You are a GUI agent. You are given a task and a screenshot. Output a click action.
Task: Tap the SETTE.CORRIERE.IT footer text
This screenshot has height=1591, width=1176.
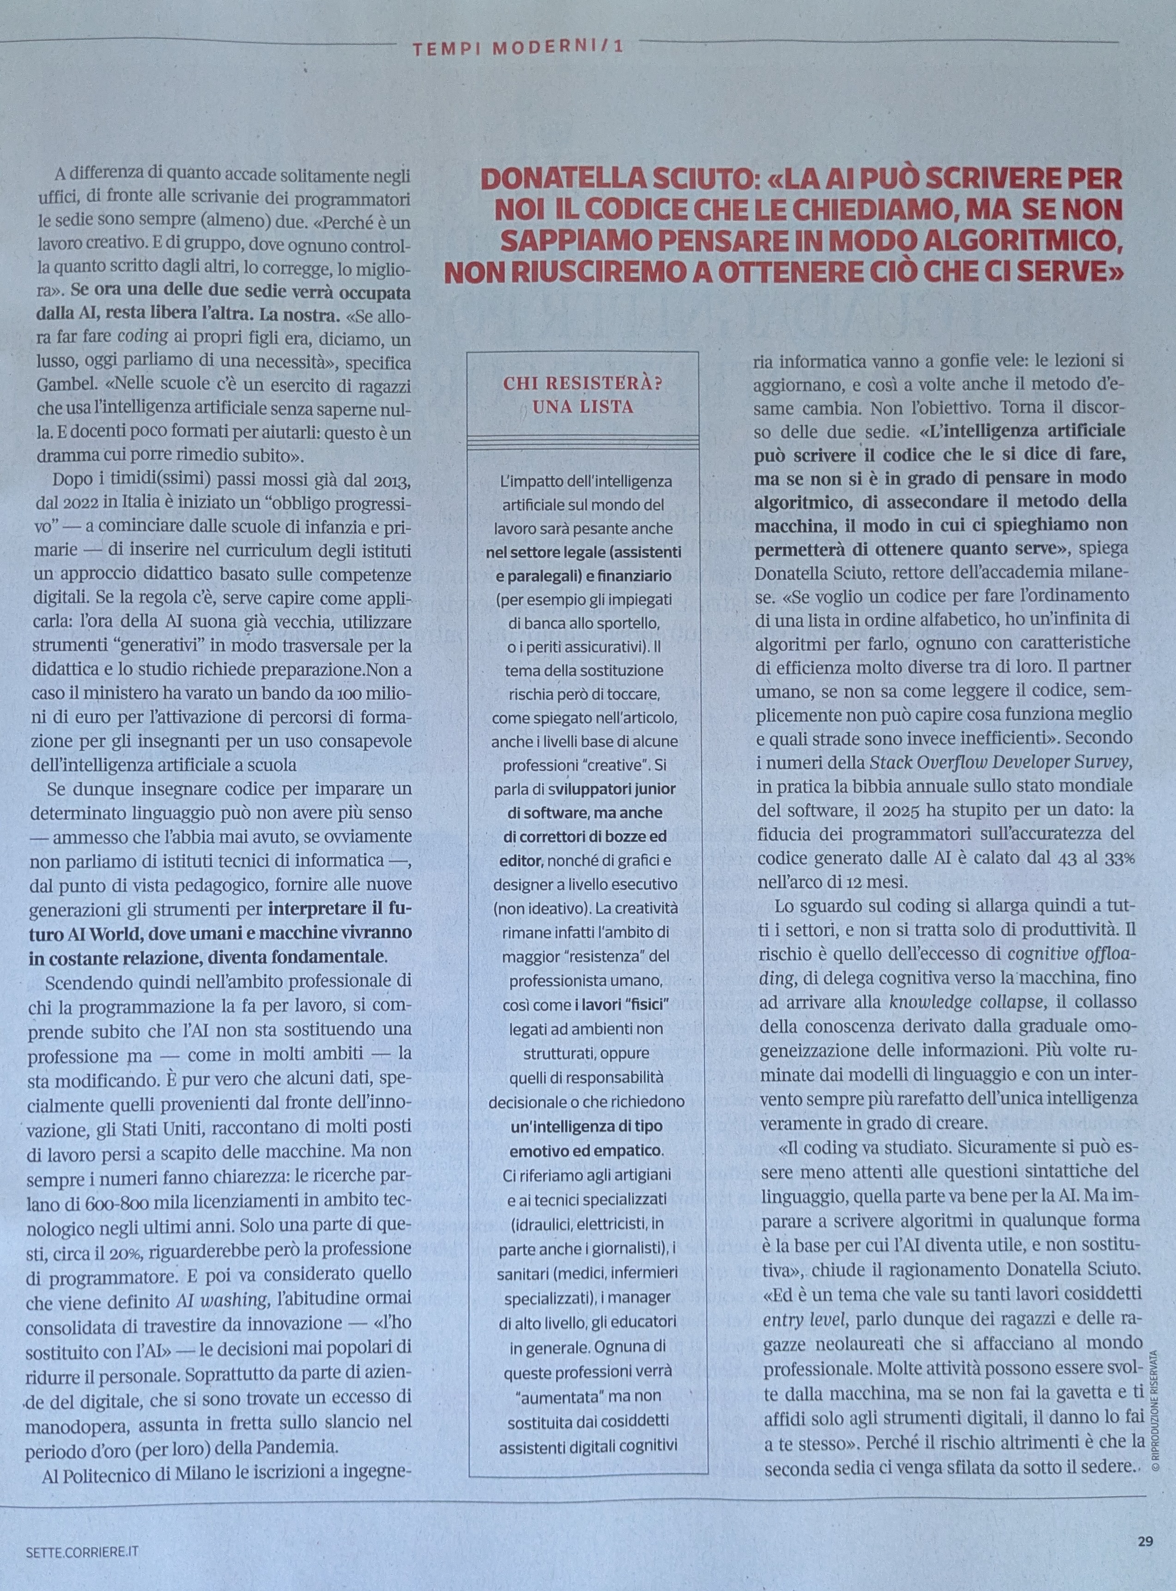pyautogui.click(x=80, y=1546)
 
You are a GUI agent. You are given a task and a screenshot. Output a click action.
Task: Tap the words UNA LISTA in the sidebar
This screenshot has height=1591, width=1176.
pyautogui.click(x=583, y=408)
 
